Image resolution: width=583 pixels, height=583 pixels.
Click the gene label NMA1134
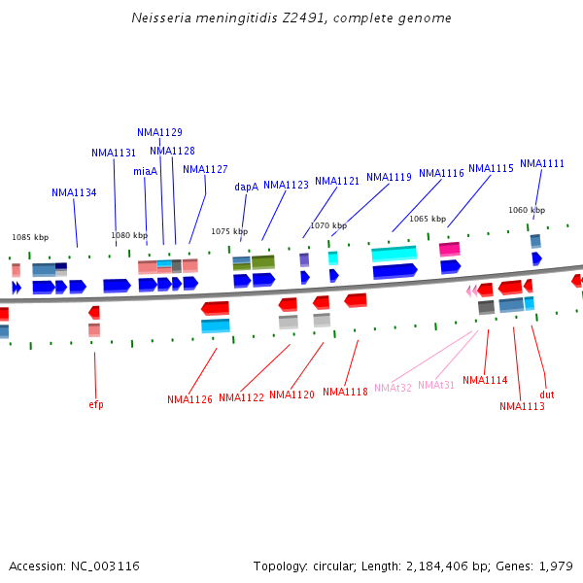coord(74,192)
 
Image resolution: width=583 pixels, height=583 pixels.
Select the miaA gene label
coord(145,171)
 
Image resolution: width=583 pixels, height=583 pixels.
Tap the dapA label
coord(246,187)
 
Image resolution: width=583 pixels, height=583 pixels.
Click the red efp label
coord(95,404)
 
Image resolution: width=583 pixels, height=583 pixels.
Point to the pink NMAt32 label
coord(393,388)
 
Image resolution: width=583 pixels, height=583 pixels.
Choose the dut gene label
coord(547,394)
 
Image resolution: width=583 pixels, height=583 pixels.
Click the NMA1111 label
coord(541,163)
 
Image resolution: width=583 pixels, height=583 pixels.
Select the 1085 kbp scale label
coord(30,237)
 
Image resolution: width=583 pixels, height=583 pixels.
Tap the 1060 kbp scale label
coord(527,210)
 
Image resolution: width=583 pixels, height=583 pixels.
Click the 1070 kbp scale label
coord(328,225)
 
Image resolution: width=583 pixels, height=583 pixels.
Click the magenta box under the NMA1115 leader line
coord(449,250)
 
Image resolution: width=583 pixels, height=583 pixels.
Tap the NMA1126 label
coord(189,399)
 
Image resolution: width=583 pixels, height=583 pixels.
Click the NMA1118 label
coord(345,392)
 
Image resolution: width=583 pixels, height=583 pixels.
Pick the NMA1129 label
coord(159,132)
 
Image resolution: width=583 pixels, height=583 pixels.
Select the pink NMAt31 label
coord(436,385)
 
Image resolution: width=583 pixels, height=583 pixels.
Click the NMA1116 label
coord(441,173)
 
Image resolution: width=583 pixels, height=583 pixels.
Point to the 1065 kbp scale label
coord(428,219)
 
